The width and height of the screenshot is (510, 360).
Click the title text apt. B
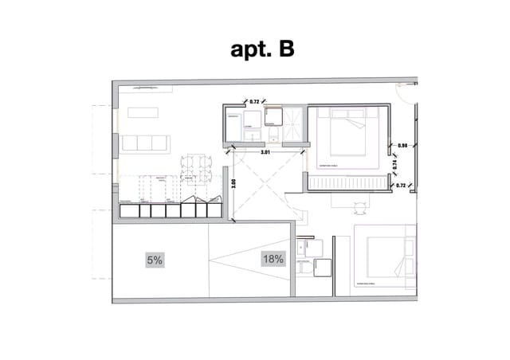pyautogui.click(x=262, y=49)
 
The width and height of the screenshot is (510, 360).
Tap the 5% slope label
pyautogui.click(x=154, y=260)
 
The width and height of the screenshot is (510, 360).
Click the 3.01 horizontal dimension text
pyautogui.click(x=265, y=151)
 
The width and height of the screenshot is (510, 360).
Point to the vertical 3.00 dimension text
pyautogui.click(x=233, y=182)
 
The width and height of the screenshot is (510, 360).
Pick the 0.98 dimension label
pyautogui.click(x=402, y=146)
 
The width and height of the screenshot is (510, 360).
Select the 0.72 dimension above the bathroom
pyautogui.click(x=255, y=102)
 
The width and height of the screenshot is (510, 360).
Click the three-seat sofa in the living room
pyautogui.click(x=145, y=143)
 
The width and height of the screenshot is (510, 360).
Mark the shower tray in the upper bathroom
pyautogui.click(x=292, y=122)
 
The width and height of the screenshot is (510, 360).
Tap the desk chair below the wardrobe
pyautogui.click(x=361, y=207)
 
